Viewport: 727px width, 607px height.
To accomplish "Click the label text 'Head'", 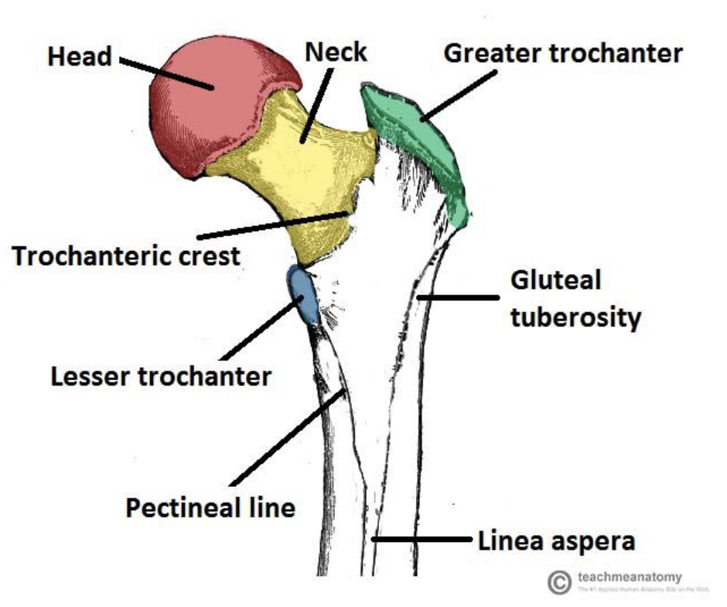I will pos(80,57).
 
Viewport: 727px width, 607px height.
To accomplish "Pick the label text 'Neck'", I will pos(336,53).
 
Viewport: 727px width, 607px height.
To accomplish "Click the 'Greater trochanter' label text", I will pos(563,53).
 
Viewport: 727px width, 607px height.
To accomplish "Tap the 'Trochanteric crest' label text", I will pos(126,255).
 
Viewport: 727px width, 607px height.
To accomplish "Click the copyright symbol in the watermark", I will pos(558,582).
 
